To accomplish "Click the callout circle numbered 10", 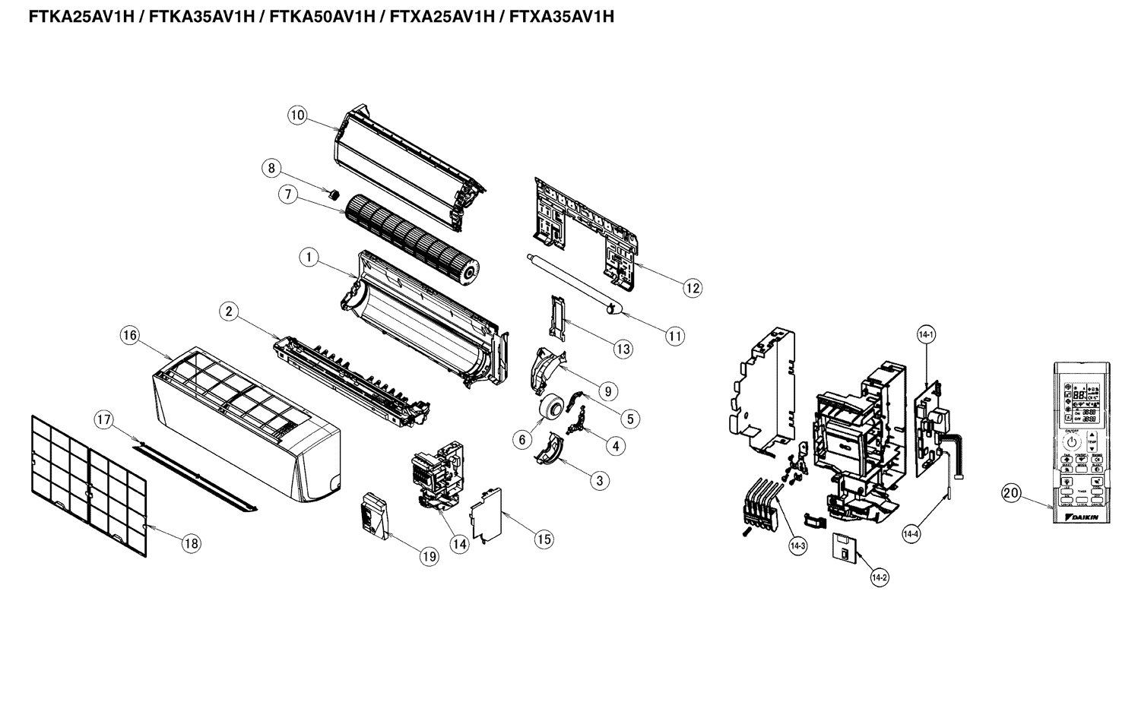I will click(297, 115).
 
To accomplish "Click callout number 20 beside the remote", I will click(1010, 493).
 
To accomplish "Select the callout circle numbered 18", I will click(191, 542).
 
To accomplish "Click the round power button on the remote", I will click(1071, 441).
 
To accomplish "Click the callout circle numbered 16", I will click(130, 335).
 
